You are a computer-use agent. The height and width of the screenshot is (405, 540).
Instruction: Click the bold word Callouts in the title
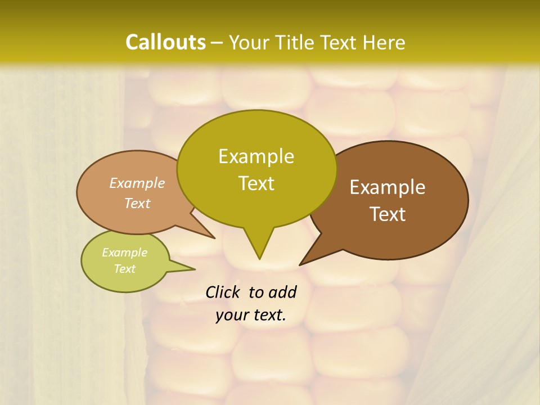click(165, 42)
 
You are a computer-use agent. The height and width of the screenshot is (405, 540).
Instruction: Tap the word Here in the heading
click(385, 42)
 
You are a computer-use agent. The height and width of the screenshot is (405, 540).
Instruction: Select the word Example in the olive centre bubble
click(256, 156)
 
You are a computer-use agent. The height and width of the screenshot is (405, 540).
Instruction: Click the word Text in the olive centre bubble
click(256, 183)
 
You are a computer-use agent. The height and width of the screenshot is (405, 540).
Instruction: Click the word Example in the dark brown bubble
click(388, 187)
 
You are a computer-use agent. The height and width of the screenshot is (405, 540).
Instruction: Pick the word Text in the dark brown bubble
click(388, 214)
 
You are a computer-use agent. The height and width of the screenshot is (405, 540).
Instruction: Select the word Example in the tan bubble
click(137, 183)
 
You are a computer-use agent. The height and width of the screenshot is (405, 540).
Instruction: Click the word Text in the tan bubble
click(137, 203)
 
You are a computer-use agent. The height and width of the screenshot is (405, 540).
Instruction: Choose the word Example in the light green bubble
click(124, 253)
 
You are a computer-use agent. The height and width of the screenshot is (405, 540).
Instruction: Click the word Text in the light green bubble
click(124, 269)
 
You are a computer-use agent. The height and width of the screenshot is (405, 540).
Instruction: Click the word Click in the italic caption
click(223, 292)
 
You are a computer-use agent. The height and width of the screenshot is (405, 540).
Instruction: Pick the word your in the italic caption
click(231, 315)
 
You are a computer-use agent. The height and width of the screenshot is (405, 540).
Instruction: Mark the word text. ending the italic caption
click(268, 315)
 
